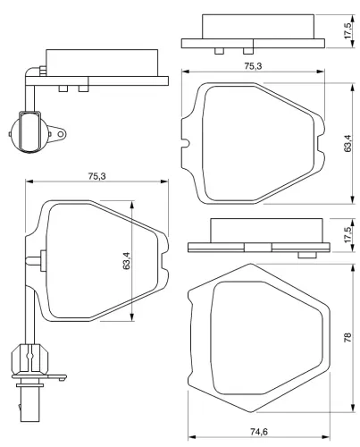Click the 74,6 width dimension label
point(259,433)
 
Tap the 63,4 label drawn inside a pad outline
point(126,261)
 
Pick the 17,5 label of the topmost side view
point(347,30)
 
